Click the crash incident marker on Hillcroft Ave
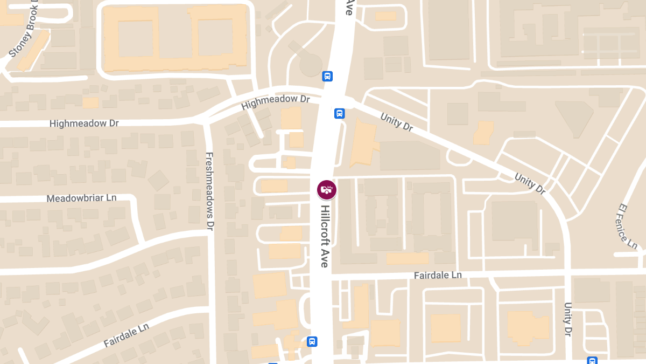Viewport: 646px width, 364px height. pos(326,189)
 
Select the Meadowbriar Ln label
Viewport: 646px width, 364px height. pos(81,198)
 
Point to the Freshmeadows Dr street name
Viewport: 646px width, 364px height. pos(210,191)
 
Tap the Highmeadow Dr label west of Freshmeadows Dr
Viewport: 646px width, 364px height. pos(84,123)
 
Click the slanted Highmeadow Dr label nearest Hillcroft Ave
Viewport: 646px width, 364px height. pos(276,102)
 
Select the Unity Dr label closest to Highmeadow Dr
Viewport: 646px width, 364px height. pos(396,122)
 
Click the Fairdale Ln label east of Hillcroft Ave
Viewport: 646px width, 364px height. pos(438,275)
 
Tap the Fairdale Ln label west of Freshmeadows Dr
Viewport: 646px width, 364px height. pos(126,335)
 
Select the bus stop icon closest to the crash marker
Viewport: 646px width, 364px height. pos(340,113)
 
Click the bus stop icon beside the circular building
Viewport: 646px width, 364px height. pos(327,76)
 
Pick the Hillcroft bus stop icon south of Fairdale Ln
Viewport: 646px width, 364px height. pos(312,341)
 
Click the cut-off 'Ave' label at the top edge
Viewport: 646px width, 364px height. pos(349,7)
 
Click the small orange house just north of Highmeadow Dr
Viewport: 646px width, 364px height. pos(90,102)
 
